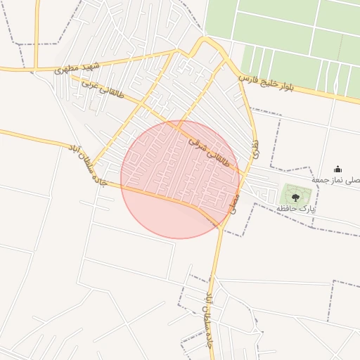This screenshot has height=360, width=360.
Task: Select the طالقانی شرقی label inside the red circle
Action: tap(209, 150)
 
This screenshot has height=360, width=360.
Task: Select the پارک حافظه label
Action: tap(296, 209)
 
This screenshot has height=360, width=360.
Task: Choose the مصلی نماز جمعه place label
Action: tap(336, 181)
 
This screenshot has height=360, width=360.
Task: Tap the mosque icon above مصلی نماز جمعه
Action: tap(337, 169)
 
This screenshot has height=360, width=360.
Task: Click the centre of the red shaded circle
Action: tap(180, 179)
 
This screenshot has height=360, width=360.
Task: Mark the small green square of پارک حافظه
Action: tap(295, 195)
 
